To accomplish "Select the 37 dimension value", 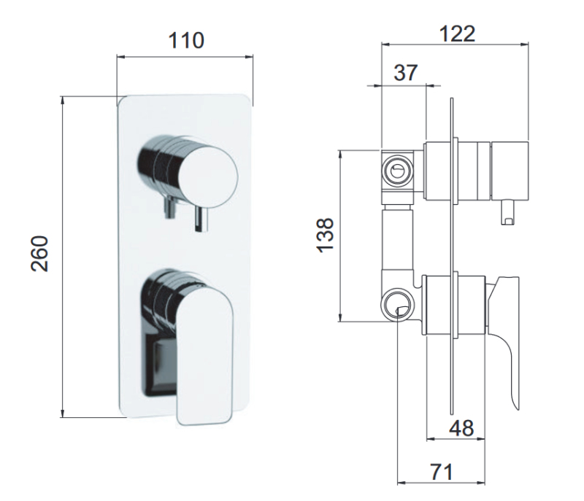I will tap(405, 73).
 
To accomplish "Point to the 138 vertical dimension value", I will tap(326, 234).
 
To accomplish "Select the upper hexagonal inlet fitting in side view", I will tap(398, 169).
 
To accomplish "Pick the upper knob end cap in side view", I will tap(510, 169).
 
